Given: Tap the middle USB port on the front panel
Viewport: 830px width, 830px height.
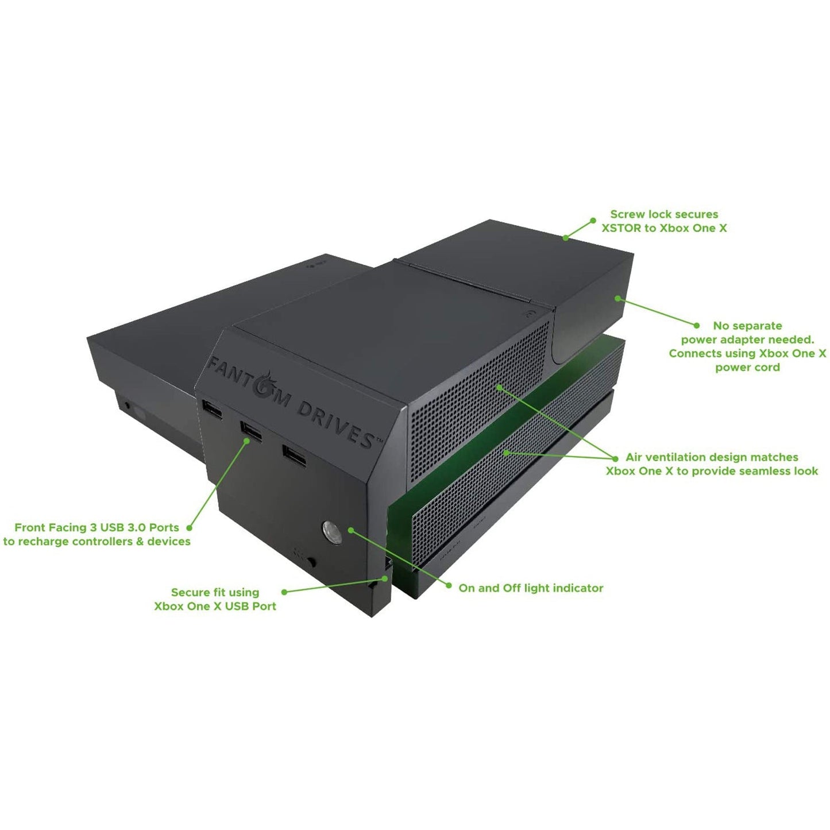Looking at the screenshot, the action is (x=251, y=431).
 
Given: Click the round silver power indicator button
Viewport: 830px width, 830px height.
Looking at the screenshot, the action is (x=332, y=532).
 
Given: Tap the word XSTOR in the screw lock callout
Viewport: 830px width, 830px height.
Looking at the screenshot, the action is (x=621, y=228).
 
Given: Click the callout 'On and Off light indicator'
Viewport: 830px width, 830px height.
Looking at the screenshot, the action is (x=531, y=588).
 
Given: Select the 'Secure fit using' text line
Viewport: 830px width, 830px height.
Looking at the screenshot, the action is (x=215, y=592).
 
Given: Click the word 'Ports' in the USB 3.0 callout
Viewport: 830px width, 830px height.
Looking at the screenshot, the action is (x=164, y=527).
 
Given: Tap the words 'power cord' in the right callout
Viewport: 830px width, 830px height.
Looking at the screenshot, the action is (x=747, y=368).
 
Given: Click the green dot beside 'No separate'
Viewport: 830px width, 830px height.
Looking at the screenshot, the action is (x=697, y=325).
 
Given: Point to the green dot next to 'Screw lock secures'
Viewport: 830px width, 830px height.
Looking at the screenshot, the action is (x=593, y=220).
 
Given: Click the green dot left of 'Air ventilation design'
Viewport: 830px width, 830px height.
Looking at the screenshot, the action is (x=616, y=457).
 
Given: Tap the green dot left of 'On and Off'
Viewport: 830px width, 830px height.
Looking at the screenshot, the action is (x=449, y=586).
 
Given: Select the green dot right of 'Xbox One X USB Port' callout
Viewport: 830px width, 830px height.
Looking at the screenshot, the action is (x=284, y=592).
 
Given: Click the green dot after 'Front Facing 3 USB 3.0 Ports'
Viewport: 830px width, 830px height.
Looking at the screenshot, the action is (x=188, y=527).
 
